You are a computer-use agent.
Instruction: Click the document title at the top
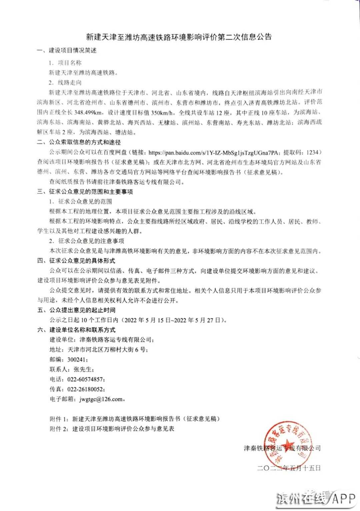[179, 37]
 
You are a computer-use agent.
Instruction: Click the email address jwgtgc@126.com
[101, 399]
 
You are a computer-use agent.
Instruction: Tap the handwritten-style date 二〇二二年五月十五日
[289, 468]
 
